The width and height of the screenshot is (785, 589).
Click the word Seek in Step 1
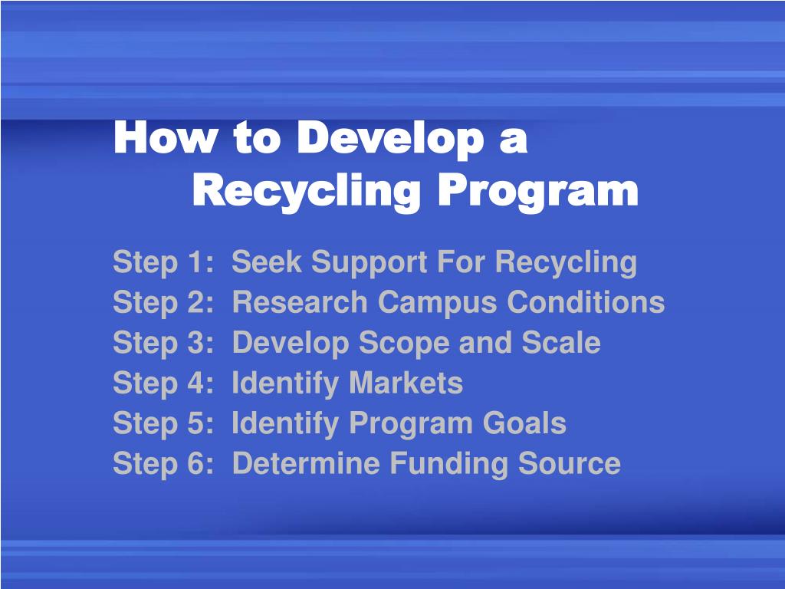pyautogui.click(x=265, y=262)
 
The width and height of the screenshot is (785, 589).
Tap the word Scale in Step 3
pyautogui.click(x=561, y=343)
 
